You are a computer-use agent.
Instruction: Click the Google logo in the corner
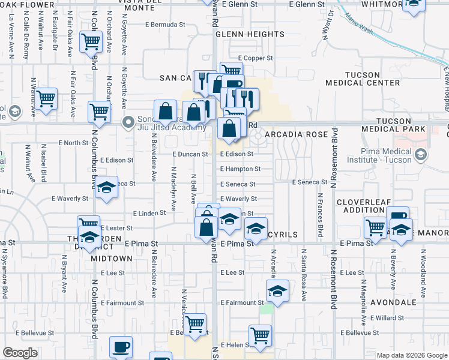point(19,353)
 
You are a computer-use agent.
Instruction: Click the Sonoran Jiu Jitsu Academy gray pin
point(127,122)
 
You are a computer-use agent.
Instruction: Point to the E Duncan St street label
point(190,154)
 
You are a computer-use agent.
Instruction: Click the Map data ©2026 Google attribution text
point(411,355)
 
